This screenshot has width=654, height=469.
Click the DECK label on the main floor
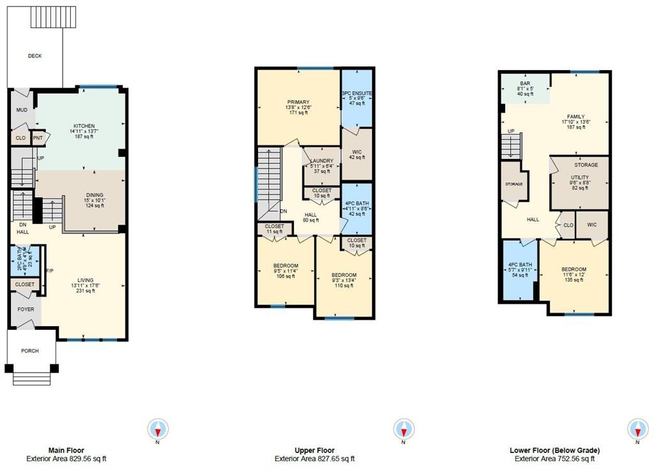pyautogui.click(x=34, y=56)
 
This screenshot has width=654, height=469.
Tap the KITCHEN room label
pyautogui.click(x=84, y=126)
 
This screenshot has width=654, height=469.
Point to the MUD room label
pyautogui.click(x=20, y=110)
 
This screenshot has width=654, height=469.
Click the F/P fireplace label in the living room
pyautogui.click(x=49, y=272)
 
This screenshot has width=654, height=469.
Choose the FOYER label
pyautogui.click(x=26, y=309)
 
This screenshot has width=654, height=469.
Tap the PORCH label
pyautogui.click(x=29, y=351)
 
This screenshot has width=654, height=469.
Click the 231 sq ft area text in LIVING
pyautogui.click(x=85, y=291)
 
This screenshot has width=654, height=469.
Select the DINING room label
pyautogui.click(x=94, y=195)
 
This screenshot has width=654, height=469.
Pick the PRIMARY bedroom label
pyautogui.click(x=298, y=102)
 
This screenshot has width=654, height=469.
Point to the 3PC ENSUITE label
pyautogui.click(x=357, y=93)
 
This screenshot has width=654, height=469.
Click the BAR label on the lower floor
pyautogui.click(x=524, y=84)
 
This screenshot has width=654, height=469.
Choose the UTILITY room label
pyautogui.click(x=580, y=177)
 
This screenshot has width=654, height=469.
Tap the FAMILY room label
pyautogui.click(x=575, y=117)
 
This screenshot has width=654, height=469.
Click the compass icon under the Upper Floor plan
pyautogui.click(x=404, y=428)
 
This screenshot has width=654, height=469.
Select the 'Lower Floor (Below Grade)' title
pyautogui.click(x=554, y=450)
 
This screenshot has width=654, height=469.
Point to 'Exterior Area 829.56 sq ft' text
pyautogui.click(x=66, y=459)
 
